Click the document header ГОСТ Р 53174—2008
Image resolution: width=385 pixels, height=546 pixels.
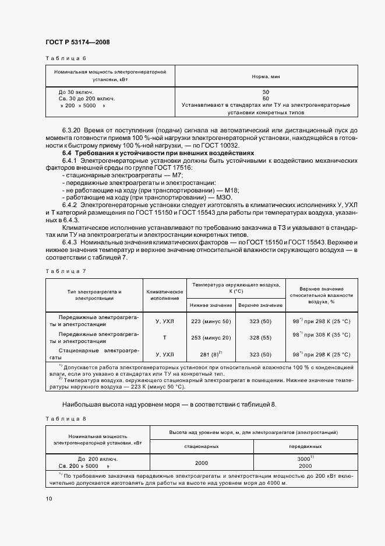tap(77, 42)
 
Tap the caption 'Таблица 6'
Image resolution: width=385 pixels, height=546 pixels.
tap(66, 59)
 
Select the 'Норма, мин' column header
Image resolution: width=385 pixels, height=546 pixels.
tap(266, 76)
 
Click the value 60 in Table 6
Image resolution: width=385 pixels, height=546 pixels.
tap(266, 99)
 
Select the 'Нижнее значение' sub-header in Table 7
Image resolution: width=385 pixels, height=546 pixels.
tap(210, 306)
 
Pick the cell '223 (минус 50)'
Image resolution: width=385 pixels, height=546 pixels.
tap(210, 321)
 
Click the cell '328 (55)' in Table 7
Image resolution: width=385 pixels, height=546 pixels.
tap(260, 338)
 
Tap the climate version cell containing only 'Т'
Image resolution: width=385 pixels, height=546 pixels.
tap(164, 338)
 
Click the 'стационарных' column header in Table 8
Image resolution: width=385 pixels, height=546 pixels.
tap(202, 446)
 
